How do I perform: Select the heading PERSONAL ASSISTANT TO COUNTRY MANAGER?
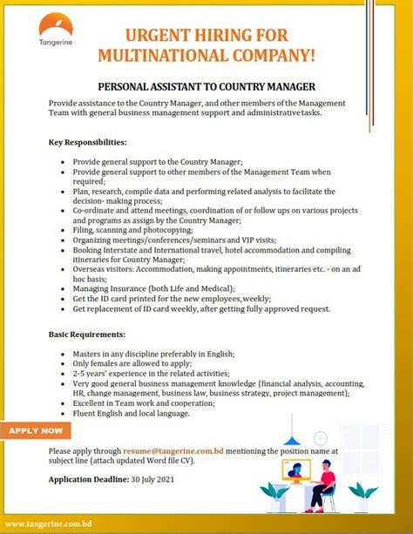click(206, 87)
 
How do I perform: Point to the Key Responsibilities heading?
click(88, 141)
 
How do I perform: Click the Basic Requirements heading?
click(86, 334)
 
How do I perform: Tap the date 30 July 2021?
click(155, 479)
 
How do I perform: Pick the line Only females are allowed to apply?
click(126, 363)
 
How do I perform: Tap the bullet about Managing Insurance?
click(153, 287)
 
